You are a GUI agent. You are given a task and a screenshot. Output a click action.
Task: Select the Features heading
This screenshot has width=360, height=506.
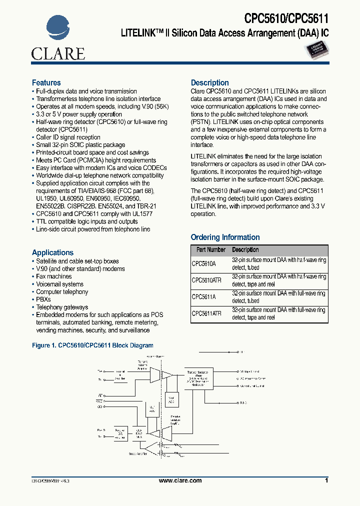pyautogui.click(x=46, y=82)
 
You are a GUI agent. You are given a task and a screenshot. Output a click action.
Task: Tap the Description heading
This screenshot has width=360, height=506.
pyautogui.click(x=210, y=82)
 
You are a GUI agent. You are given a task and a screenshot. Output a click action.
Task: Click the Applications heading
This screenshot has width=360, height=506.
pyautogui.click(x=52, y=252)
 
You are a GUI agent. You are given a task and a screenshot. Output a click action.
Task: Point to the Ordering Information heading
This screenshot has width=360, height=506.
pyautogui.click(x=225, y=237)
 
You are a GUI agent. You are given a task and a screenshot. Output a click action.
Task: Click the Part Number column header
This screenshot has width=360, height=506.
pyautogui.click(x=210, y=249)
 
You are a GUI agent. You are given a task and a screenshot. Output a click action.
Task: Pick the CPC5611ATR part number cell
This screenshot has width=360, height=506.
pyautogui.click(x=206, y=313)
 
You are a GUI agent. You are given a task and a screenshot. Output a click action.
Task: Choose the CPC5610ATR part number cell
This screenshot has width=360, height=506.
pyautogui.click(x=206, y=280)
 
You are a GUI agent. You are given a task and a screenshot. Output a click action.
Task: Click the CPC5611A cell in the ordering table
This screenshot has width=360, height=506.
pyautogui.click(x=203, y=296)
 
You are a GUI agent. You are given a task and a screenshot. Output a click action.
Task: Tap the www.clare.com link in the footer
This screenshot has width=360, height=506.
pyautogui.click(x=180, y=480)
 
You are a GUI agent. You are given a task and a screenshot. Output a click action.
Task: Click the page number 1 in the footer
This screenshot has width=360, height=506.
pyautogui.click(x=326, y=480)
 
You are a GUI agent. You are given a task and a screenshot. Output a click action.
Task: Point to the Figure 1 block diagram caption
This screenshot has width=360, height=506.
pyautogui.click(x=92, y=345)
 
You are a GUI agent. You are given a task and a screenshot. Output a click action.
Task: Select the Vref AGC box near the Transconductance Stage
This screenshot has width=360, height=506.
pyautogui.click(x=170, y=399)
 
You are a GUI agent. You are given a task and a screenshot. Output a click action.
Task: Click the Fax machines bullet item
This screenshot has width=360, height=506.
pyautogui.click(x=53, y=276)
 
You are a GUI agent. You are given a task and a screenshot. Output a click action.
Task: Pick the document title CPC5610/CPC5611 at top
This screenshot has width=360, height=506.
pyautogui.click(x=286, y=19)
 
